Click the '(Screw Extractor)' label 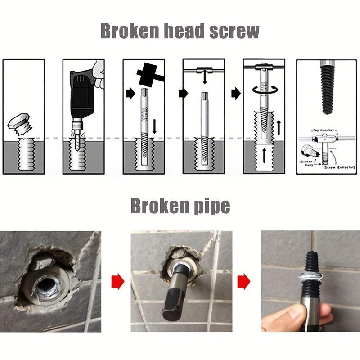(x=336, y=167)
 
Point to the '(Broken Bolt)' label (x=306, y=162)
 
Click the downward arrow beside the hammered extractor (x=154, y=126)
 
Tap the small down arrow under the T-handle (x=205, y=79)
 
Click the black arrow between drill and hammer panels (x=130, y=94)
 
